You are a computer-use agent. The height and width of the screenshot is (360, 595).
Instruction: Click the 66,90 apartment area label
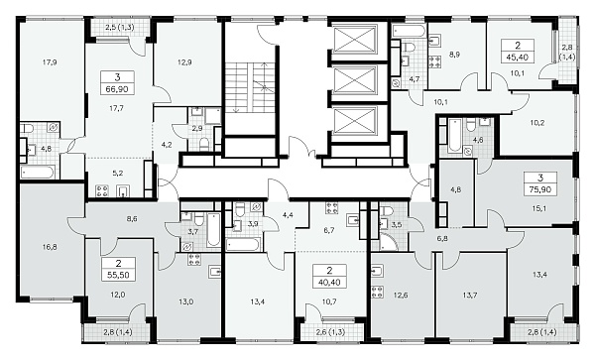(x=117, y=89)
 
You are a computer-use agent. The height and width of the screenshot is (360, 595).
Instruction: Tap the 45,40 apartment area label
(x=518, y=58)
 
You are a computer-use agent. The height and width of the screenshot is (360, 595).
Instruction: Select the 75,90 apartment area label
(x=540, y=189)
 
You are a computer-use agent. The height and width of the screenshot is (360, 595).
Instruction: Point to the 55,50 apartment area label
(x=118, y=276)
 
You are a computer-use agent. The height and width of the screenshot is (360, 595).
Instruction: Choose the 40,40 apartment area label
(x=329, y=283)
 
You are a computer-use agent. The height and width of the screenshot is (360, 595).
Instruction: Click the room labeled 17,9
(x=50, y=62)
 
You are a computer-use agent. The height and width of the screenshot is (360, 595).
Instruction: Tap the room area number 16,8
(x=51, y=247)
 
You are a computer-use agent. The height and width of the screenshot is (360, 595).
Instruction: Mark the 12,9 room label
(x=184, y=62)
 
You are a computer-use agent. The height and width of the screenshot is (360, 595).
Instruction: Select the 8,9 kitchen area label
(x=454, y=55)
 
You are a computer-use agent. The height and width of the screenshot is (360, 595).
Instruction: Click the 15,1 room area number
(x=539, y=208)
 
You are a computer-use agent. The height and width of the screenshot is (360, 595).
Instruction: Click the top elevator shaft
(x=353, y=39)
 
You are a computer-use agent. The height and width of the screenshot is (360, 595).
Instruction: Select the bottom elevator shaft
(x=353, y=121)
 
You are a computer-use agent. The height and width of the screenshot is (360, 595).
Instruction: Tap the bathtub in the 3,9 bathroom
(x=243, y=244)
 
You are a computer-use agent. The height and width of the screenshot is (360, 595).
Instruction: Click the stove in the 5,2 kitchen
(x=102, y=190)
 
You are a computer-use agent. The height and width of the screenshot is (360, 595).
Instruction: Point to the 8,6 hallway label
(x=132, y=219)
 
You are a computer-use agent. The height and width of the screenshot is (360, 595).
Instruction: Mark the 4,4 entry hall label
(x=288, y=215)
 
